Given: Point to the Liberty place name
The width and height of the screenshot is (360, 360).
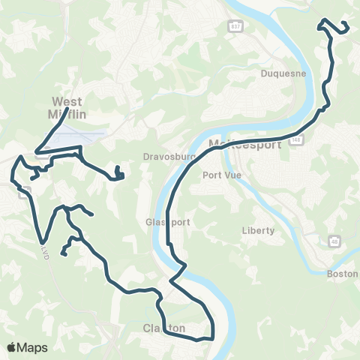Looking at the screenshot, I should [259, 230].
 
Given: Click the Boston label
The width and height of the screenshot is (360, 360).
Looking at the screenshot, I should [343, 274].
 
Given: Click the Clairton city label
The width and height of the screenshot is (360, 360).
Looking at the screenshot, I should [163, 328].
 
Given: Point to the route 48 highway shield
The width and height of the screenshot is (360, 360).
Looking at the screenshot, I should [334, 241].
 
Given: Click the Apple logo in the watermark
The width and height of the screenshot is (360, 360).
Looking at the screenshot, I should [12, 348].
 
